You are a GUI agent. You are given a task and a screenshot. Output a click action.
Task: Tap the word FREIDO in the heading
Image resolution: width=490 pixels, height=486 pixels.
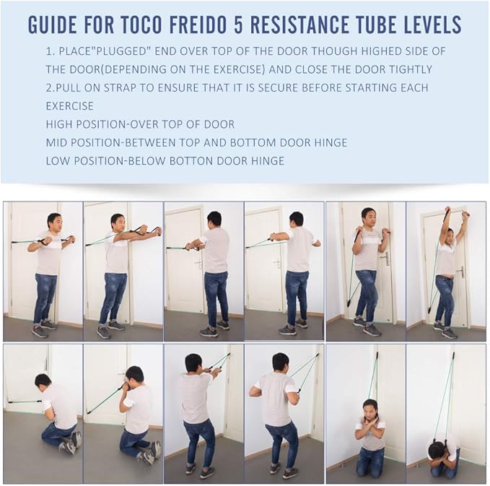tap(198, 24)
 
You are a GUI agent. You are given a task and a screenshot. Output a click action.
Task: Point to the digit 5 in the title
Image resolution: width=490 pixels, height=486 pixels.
tap(238, 24)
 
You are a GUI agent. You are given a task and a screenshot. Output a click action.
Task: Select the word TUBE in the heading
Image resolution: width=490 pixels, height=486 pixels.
tap(374, 24)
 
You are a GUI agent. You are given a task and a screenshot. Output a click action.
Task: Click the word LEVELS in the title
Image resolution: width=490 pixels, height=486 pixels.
tap(431, 24)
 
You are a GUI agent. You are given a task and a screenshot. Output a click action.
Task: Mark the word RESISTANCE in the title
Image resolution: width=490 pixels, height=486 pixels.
tap(299, 24)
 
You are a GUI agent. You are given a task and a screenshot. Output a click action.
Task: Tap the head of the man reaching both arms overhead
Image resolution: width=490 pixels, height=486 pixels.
tap(450, 234)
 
